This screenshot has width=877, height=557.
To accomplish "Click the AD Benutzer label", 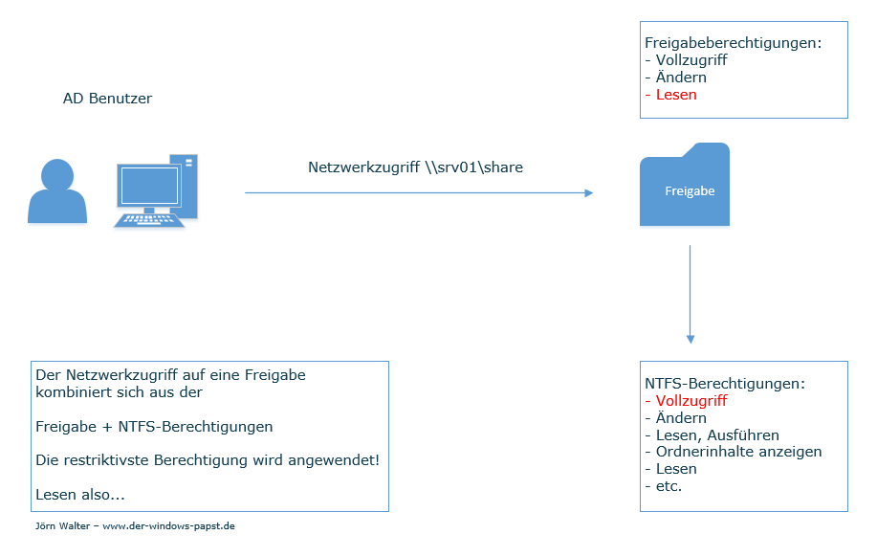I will pyautogui.click(x=107, y=99).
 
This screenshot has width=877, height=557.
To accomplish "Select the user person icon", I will pyautogui.click(x=57, y=192).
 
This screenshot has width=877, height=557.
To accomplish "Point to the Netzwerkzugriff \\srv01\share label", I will pyautogui.click(x=415, y=167).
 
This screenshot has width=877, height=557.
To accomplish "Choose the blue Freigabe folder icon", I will pyautogui.click(x=685, y=187).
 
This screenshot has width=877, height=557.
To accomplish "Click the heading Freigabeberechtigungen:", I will pyautogui.click(x=733, y=43).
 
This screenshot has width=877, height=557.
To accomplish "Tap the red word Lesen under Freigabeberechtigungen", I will pyautogui.click(x=676, y=95).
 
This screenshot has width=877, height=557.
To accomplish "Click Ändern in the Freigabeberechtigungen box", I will pyautogui.click(x=681, y=78).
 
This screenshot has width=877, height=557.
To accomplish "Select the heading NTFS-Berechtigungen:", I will pyautogui.click(x=725, y=384).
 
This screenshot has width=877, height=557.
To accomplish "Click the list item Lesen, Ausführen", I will pyautogui.click(x=717, y=435).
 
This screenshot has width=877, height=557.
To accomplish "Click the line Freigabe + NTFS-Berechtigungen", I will pyautogui.click(x=154, y=427).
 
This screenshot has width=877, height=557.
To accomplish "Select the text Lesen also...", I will pyautogui.click(x=80, y=495).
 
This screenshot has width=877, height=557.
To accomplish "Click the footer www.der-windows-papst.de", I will pyautogui.click(x=168, y=526).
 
